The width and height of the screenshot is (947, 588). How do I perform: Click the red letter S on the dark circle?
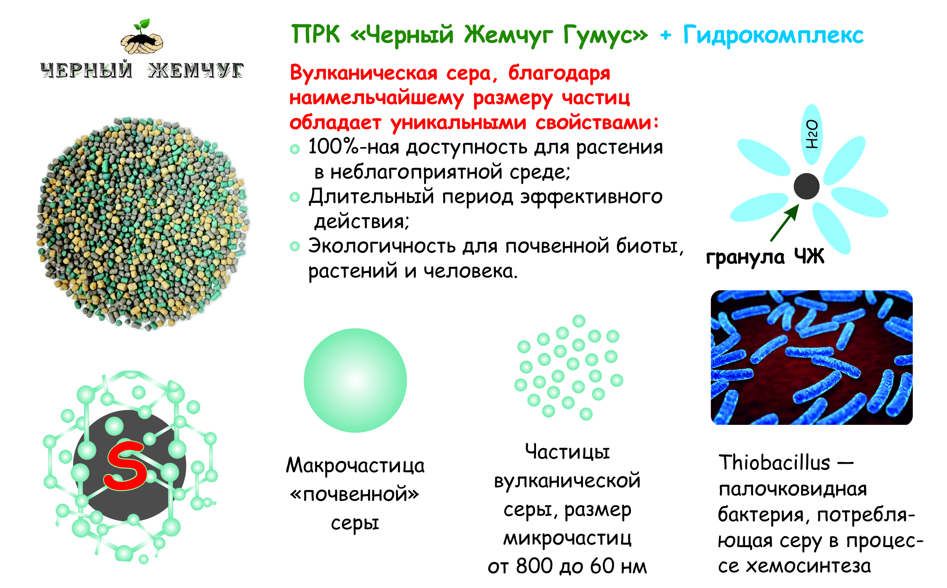pos(126,466)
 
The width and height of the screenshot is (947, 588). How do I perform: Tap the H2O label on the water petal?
pos(812,134)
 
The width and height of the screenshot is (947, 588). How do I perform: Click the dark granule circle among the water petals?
pos(806,186)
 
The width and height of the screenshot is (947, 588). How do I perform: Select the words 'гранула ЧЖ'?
pos(765,257)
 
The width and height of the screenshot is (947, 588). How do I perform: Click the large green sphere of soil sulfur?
pos(355,380)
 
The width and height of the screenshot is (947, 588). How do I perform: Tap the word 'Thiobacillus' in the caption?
pos(774,463)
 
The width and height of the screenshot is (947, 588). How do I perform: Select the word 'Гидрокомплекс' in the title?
pos(773,35)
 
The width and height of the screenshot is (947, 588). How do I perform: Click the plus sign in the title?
pos(666,36)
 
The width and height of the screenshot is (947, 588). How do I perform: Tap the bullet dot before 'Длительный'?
pos(295,197)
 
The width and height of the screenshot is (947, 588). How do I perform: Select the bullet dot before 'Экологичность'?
pos(295,247)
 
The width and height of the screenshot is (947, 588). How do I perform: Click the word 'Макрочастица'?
pos(355,466)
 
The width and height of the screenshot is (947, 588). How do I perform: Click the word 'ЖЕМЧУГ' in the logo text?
pos(196,70)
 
